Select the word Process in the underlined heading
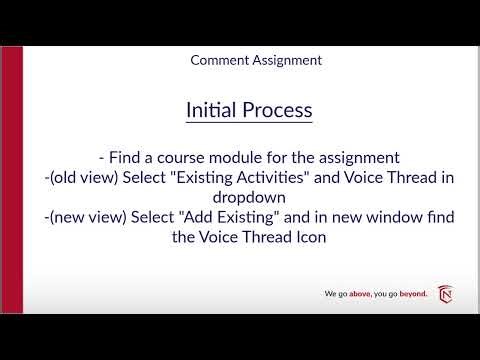coord(276,109)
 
